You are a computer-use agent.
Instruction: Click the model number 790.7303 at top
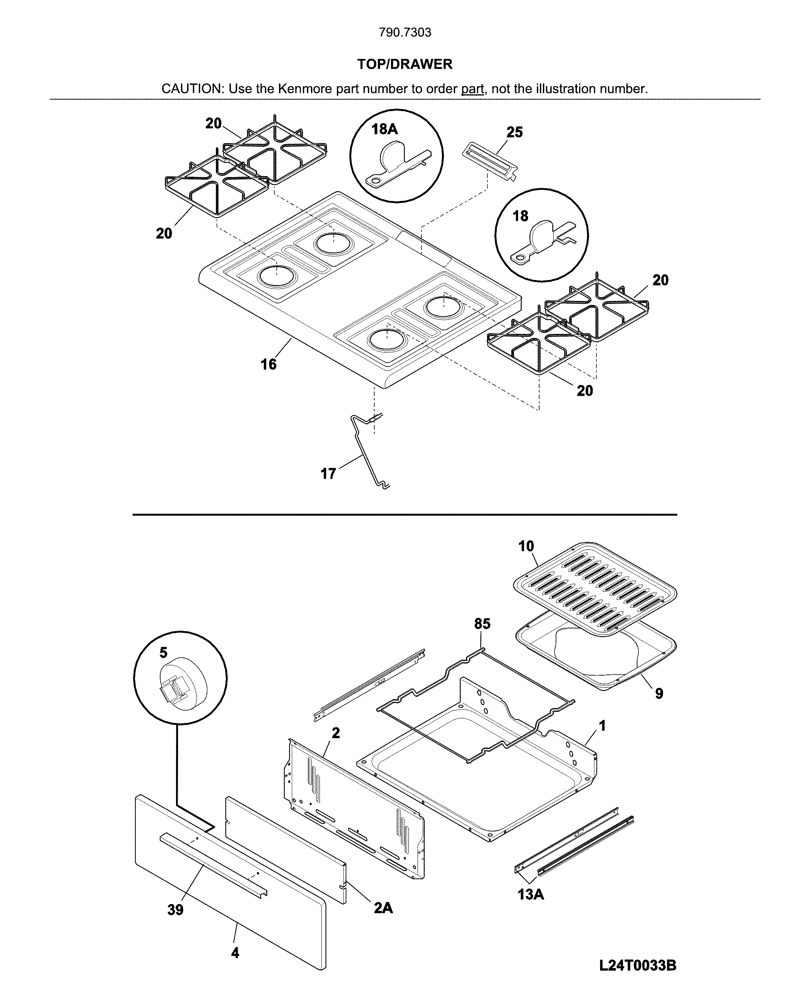pos(405,32)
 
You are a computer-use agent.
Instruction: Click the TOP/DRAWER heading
pos(405,64)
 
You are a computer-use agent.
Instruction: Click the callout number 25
pos(514,132)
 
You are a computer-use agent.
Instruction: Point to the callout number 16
pos(269,364)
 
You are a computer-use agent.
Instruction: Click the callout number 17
pos(328,474)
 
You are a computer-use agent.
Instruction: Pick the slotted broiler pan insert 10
pos(595,587)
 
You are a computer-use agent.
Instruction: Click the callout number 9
pos(659,693)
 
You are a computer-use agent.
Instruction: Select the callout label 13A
pos(531,894)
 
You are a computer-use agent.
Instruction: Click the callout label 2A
pos(383,908)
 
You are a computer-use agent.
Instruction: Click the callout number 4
pos(235,953)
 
